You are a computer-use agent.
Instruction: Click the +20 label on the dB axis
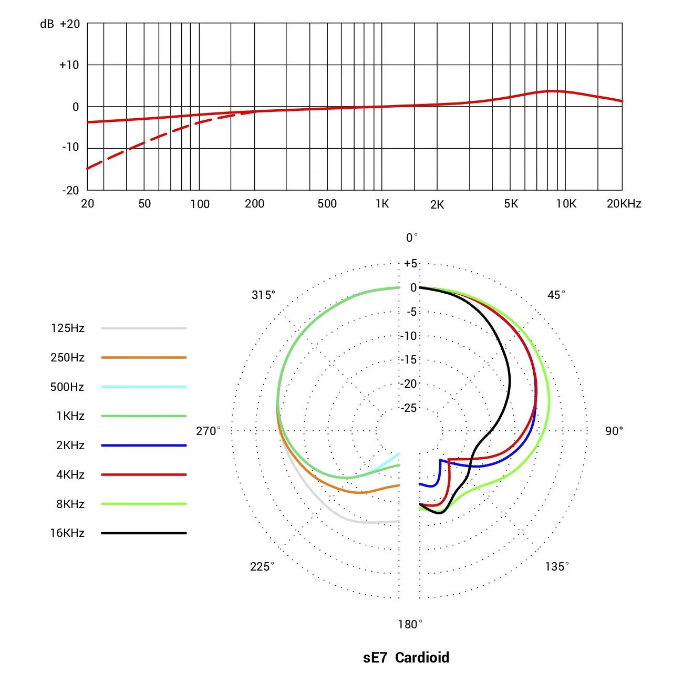(x=70, y=24)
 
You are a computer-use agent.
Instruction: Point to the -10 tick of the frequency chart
(x=70, y=147)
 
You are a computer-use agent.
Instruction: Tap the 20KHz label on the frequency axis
(x=624, y=203)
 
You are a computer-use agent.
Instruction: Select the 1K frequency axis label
(x=382, y=203)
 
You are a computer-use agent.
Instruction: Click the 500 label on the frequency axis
(x=327, y=203)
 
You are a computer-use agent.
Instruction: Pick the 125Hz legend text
(x=68, y=328)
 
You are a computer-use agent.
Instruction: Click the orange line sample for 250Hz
(x=144, y=357)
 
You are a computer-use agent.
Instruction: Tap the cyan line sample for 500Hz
(x=144, y=387)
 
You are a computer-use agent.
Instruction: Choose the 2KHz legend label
(x=70, y=445)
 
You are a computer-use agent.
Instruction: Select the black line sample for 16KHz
(x=144, y=533)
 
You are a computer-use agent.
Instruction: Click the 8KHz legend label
(x=70, y=504)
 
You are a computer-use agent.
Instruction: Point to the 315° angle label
(x=263, y=295)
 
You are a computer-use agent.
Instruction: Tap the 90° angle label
(x=614, y=431)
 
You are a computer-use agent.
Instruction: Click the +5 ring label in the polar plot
(x=410, y=263)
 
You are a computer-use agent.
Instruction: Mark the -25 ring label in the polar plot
(x=409, y=408)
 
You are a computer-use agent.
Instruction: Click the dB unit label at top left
(x=47, y=24)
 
